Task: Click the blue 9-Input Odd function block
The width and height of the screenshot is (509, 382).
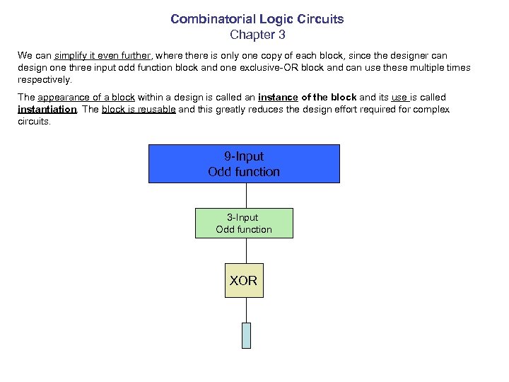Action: click(244, 164)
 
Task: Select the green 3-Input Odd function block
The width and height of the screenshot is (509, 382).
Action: click(244, 223)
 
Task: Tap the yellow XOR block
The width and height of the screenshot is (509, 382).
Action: click(244, 281)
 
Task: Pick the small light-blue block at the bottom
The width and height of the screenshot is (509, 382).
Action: click(246, 335)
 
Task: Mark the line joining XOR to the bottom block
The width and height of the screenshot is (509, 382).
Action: click(246, 310)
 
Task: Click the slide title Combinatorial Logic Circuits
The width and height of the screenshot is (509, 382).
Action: click(257, 19)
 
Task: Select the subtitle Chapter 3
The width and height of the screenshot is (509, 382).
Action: click(257, 34)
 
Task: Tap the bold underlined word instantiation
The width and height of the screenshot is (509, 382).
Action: click(47, 110)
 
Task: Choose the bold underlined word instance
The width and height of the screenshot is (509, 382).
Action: click(278, 97)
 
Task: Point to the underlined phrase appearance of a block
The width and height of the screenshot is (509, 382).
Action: click(86, 97)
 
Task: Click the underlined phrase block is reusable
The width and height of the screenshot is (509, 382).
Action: click(139, 110)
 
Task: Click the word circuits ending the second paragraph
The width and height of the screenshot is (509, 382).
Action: click(33, 122)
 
